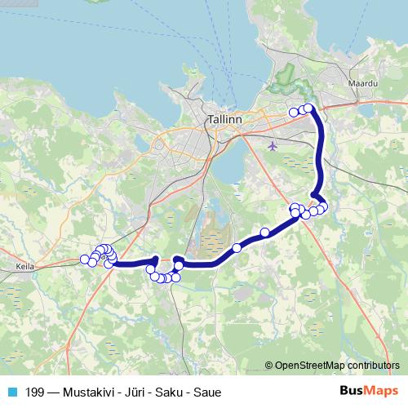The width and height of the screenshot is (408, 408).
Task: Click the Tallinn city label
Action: coord(224,118)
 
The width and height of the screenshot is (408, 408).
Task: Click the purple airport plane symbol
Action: coord(272,146)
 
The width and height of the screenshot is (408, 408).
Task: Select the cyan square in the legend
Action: coord(11,392)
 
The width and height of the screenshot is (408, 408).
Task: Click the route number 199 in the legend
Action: coord(34,392)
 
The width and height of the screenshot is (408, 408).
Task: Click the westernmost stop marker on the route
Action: coord(85,259)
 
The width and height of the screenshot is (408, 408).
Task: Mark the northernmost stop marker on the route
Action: coord(308,108)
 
